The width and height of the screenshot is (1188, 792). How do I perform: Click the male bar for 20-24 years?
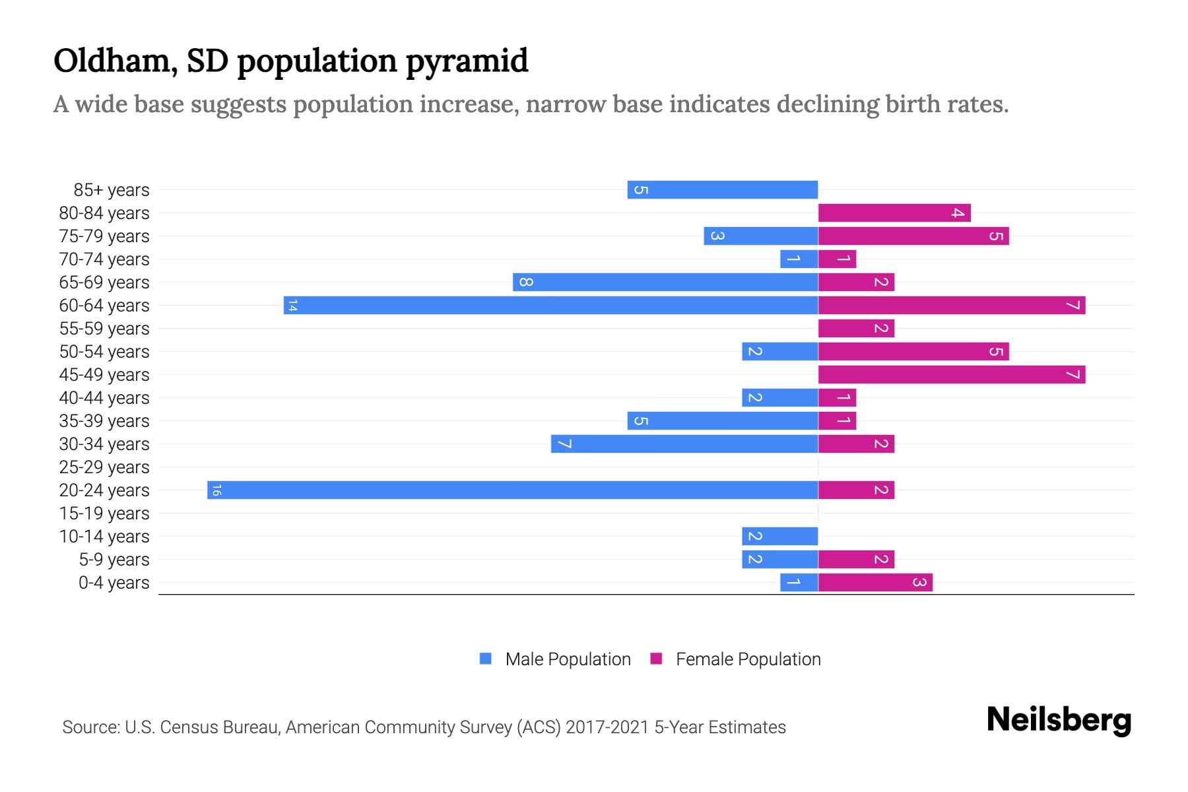513,490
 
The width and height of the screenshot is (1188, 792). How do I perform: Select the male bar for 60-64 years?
551,305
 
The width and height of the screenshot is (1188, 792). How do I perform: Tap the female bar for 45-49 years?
952,374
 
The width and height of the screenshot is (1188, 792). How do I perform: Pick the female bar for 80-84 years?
894,213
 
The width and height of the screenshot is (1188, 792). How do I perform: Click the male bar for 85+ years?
723,189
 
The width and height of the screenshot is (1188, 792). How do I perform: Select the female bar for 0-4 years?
875,582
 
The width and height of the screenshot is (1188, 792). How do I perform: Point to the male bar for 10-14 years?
780,536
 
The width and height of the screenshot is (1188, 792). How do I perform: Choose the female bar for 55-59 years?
856,328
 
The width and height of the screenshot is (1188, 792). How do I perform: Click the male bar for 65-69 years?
665,282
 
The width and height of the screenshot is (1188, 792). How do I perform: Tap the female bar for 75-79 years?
913,236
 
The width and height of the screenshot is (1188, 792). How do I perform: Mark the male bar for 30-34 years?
684,444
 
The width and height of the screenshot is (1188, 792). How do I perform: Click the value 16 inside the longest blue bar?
216,490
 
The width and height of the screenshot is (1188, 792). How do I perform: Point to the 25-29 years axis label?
104,467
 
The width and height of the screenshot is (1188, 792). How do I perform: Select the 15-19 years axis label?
104,513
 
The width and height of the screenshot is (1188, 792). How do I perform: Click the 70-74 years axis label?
104,259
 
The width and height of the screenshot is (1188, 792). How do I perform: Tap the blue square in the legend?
486,659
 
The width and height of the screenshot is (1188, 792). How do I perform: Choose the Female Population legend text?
748,659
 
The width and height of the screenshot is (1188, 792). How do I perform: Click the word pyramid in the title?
467,61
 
